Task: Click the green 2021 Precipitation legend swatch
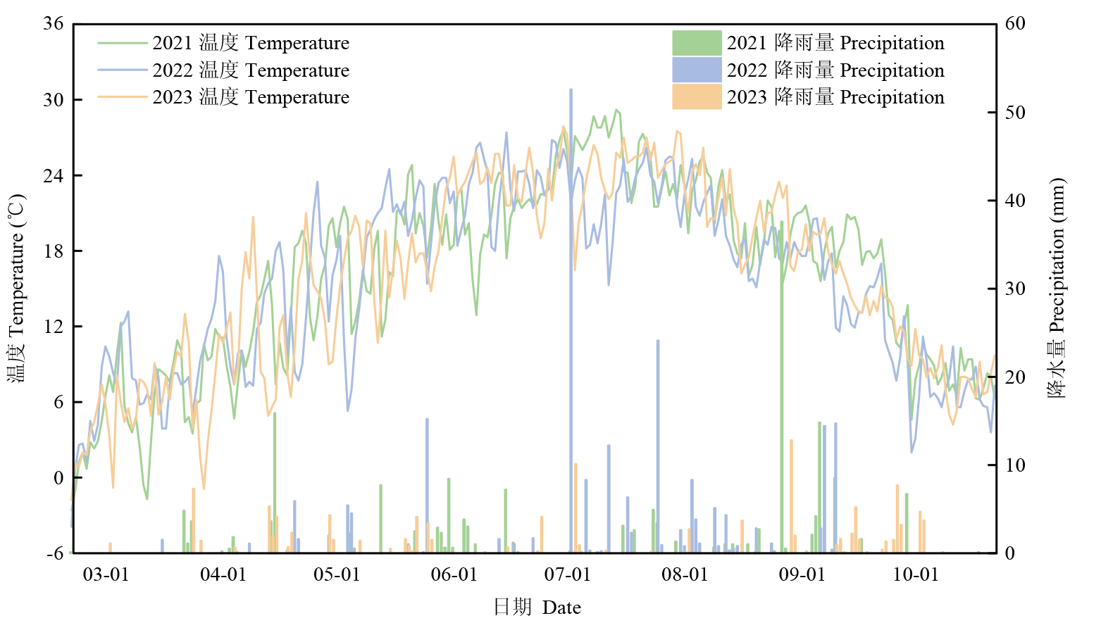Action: (697, 43)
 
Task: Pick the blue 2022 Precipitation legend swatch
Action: (697, 70)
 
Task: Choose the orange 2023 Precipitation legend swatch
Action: (697, 96)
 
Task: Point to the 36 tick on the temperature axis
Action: (54, 23)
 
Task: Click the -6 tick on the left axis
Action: (56, 553)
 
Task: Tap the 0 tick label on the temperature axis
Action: (58, 478)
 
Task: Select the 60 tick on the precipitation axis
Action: (1015, 23)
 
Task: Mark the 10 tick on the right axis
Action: (1015, 465)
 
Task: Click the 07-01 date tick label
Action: (567, 575)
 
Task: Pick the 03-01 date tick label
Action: (106, 575)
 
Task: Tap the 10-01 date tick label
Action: (916, 575)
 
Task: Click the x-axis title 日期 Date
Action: (537, 608)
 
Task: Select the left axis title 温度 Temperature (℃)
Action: (17, 289)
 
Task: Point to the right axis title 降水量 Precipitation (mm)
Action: (1057, 289)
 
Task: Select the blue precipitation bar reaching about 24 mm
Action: (658, 443)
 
